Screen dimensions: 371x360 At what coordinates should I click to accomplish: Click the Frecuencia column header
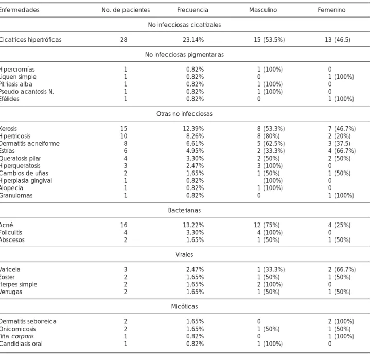pyautogui.click(x=192, y=10)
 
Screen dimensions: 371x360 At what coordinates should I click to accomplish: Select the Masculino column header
pyautogui.click(x=263, y=10)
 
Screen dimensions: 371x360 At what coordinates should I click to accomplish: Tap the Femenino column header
pyautogui.click(x=331, y=10)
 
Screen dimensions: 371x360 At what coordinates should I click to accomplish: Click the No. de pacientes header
pyautogui.click(x=126, y=10)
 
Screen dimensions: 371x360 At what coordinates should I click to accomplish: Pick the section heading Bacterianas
pyautogui.click(x=184, y=210)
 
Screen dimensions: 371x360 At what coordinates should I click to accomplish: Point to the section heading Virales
pyautogui.click(x=184, y=255)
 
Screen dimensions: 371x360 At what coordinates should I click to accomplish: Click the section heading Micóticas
pyautogui.click(x=184, y=307)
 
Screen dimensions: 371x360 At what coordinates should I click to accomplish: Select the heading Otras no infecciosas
pyautogui.click(x=184, y=114)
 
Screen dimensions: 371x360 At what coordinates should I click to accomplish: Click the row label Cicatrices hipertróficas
pyautogui.click(x=30, y=40)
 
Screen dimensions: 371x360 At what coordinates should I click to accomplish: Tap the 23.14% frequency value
pyautogui.click(x=193, y=40)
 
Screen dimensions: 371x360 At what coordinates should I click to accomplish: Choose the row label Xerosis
pyautogui.click(x=8, y=129)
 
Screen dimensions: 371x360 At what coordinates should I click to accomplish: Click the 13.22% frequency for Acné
pyautogui.click(x=193, y=225)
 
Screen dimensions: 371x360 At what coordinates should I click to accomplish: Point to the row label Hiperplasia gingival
pyautogui.click(x=26, y=181)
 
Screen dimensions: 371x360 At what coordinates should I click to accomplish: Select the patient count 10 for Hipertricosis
pyautogui.click(x=123, y=136)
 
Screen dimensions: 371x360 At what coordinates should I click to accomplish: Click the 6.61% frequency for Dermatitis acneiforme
pyautogui.click(x=195, y=144)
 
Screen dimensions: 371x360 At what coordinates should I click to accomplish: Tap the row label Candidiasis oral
pyautogui.click(x=21, y=344)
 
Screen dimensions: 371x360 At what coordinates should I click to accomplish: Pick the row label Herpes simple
pyautogui.click(x=19, y=284)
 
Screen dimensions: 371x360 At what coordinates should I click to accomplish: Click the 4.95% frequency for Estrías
pyautogui.click(x=195, y=151)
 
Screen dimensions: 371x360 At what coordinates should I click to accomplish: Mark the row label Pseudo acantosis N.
pyautogui.click(x=27, y=92)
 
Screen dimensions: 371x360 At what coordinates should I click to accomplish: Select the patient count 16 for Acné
pyautogui.click(x=123, y=225)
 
